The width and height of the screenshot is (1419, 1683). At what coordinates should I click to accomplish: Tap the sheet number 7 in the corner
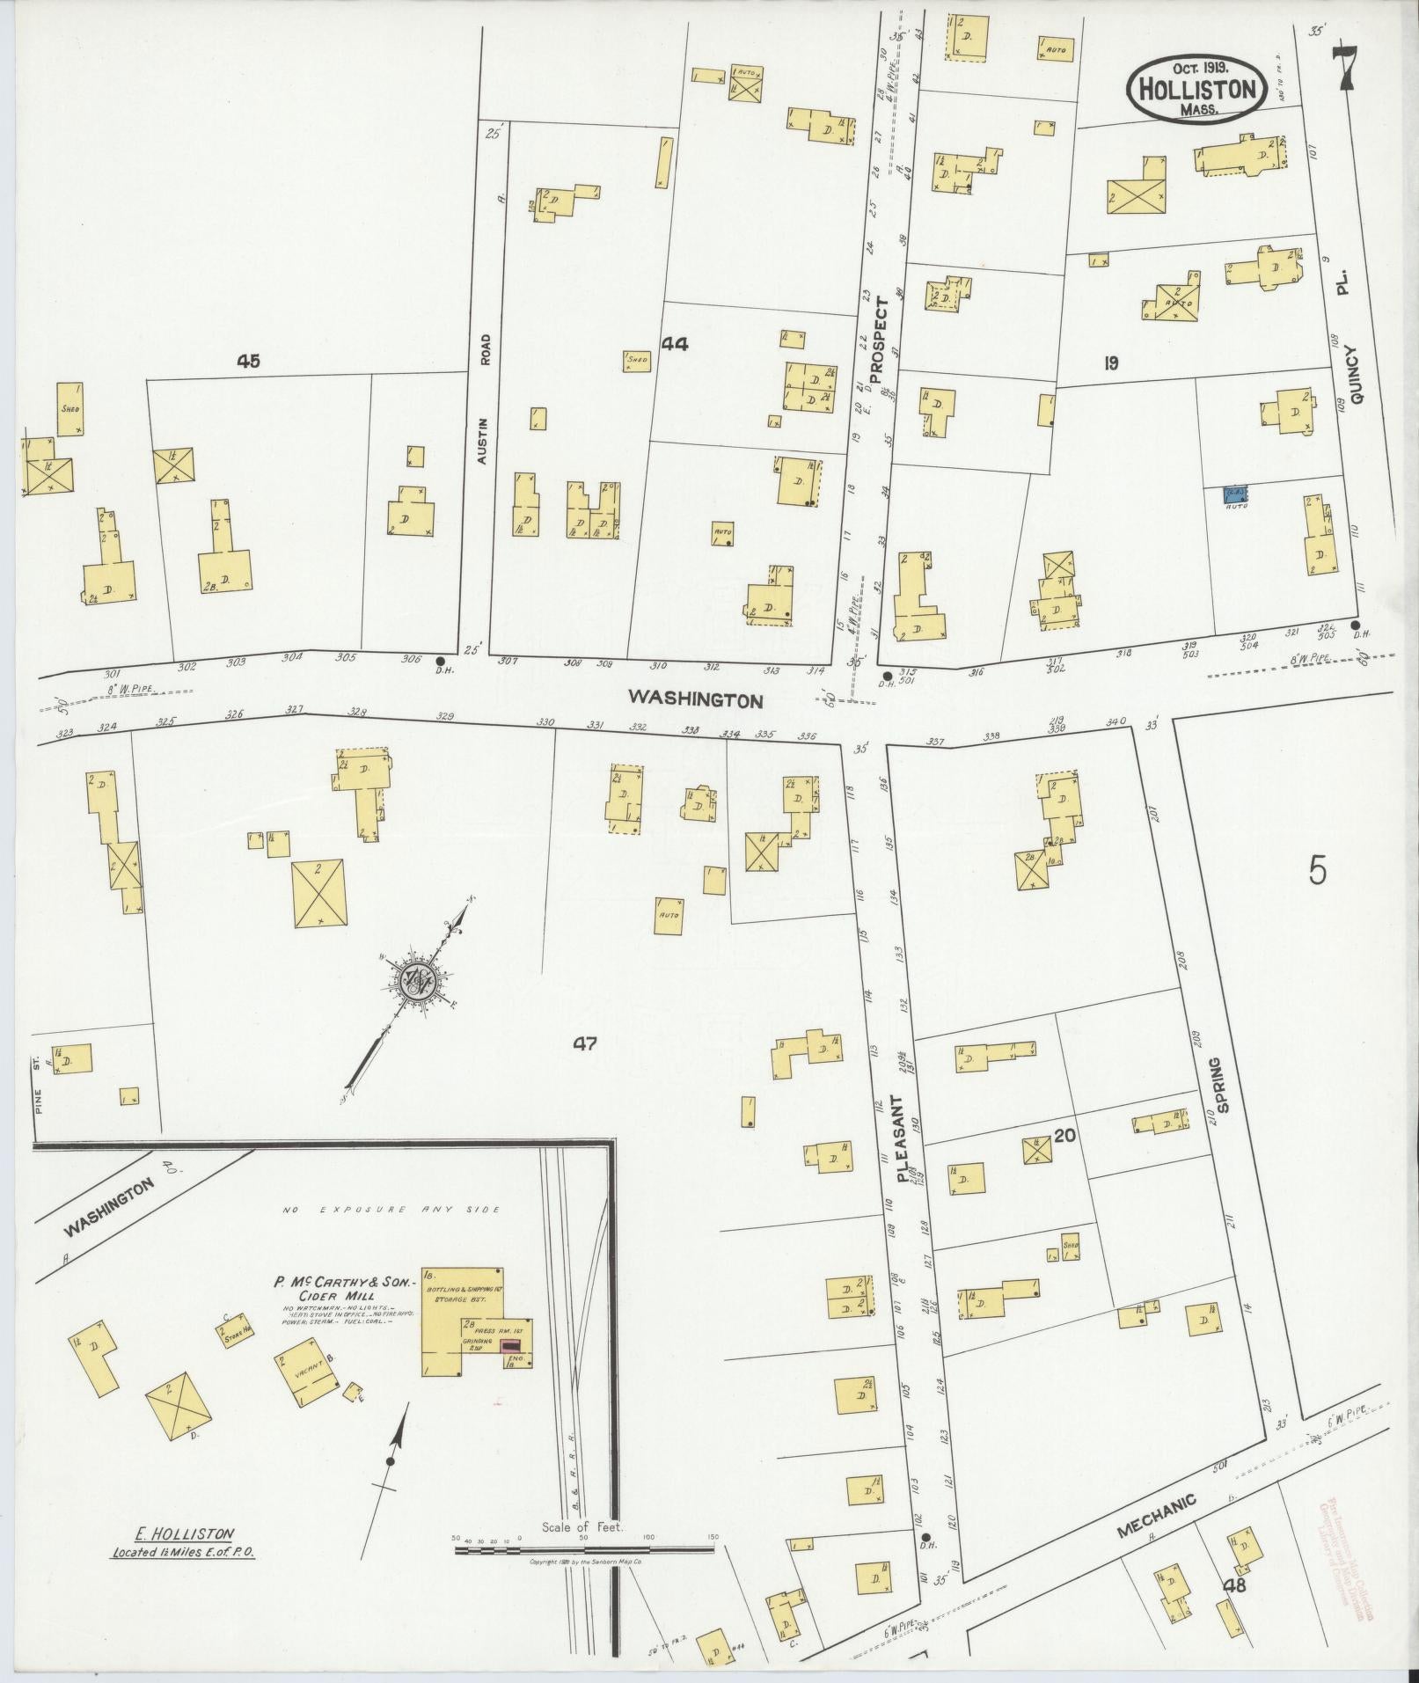pos(1345,69)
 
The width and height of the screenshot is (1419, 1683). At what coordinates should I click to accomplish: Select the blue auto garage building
pos(1238,496)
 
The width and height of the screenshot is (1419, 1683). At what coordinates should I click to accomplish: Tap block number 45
pos(248,360)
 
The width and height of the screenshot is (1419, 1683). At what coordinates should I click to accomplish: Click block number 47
pos(585,1043)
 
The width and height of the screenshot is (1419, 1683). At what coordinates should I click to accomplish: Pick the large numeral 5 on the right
pos(1317,870)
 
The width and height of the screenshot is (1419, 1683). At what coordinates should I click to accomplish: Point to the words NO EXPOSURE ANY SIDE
pos(391,1210)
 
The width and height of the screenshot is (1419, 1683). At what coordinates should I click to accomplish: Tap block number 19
pos(1110,362)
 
